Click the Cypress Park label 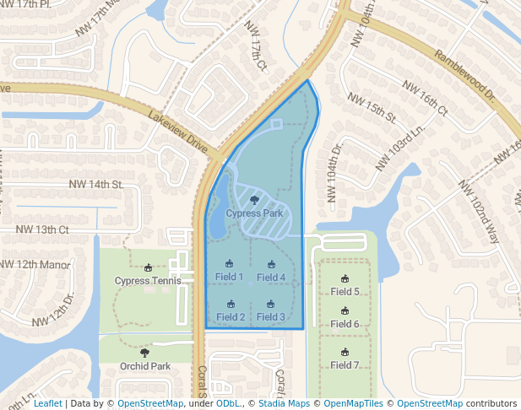(254, 213)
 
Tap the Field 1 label (230, 277)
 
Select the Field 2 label (231, 317)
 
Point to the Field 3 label (271, 317)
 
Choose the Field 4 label (271, 278)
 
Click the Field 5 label (345, 292)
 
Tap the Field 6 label (345, 324)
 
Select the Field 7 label (345, 365)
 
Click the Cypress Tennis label (148, 281)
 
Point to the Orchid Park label (145, 366)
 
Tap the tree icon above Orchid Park (145, 353)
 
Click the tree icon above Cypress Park (254, 200)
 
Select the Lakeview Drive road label (177, 129)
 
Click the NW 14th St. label (95, 184)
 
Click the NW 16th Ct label (425, 98)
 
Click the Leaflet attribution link (48, 404)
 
